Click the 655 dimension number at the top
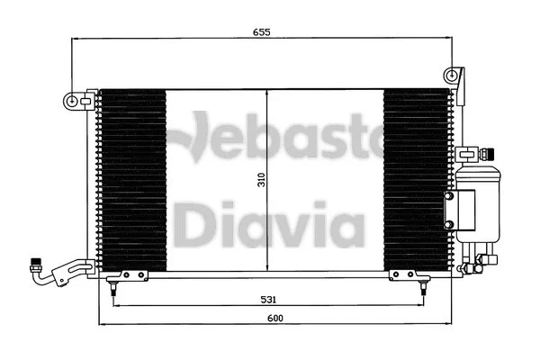click(261, 31)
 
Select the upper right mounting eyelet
click(456, 75)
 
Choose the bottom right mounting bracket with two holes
click(401, 274)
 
